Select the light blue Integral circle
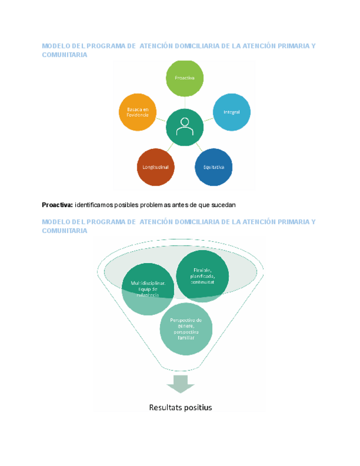pyautogui.click(x=231, y=112)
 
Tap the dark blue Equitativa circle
pyautogui.click(x=214, y=167)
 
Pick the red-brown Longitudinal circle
pyautogui.click(x=155, y=167)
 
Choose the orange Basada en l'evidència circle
pyautogui.click(x=137, y=112)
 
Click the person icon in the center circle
pyautogui.click(x=185, y=127)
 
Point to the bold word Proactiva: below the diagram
pyautogui.click(x=57, y=205)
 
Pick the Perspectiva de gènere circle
pyautogui.click(x=186, y=329)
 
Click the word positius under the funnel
pyautogui.click(x=198, y=407)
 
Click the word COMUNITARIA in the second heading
pyautogui.click(x=64, y=231)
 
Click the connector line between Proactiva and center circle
pyautogui.click(x=185, y=103)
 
